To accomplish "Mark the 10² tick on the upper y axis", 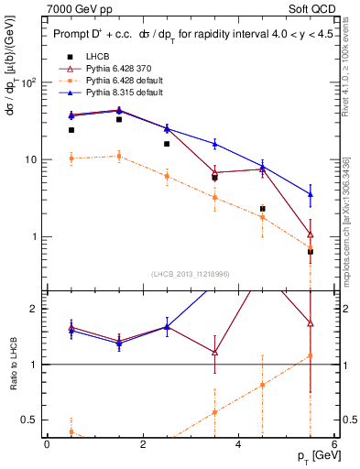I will tap(29, 82).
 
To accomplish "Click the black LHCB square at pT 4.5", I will tap(263, 209).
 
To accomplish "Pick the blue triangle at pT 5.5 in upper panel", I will tap(311, 194).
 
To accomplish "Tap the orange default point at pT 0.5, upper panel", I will tap(71, 158).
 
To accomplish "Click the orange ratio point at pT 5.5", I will tap(311, 355).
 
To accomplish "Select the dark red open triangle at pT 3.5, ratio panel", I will tap(214, 352).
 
